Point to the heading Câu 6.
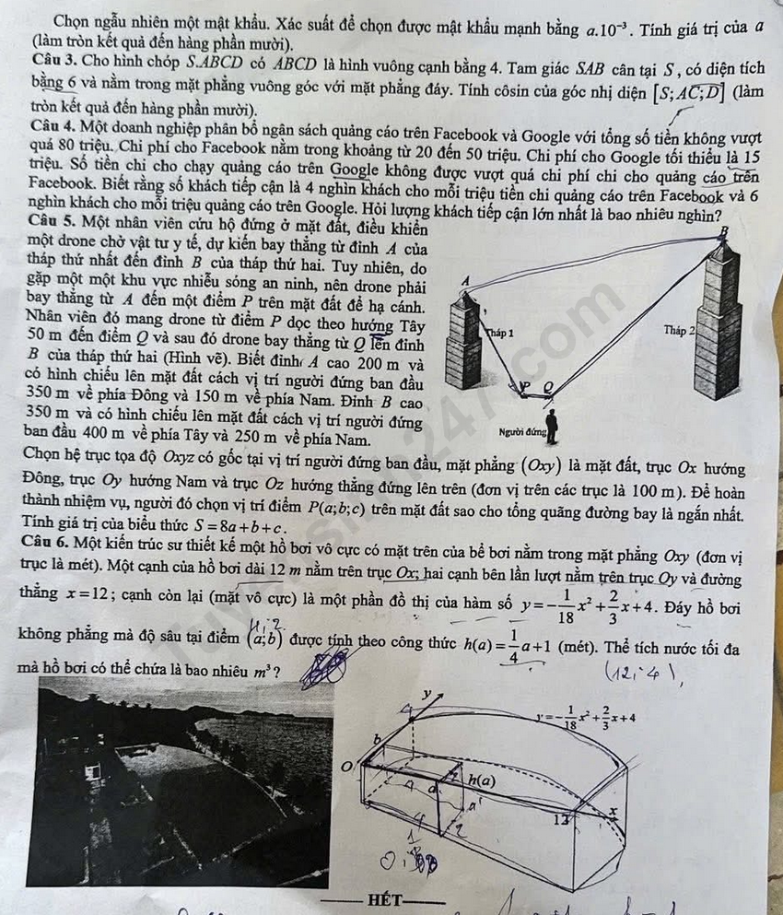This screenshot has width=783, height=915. coord(45,542)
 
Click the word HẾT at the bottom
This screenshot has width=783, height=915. coord(385,899)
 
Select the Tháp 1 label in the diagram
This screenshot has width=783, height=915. coord(500,334)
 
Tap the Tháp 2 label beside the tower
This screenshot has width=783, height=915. coord(679,330)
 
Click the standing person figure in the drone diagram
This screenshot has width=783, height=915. coord(551,427)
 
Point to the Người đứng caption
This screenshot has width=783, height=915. coord(521,432)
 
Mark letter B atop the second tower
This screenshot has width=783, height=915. coord(724,231)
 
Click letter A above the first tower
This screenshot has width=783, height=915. coord(465,281)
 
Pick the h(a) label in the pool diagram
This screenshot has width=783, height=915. coord(482,780)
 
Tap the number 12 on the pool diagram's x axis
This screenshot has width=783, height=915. coord(561,819)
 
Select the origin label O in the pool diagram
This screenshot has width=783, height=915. coord(347,767)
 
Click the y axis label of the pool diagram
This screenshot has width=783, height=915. coord(427,693)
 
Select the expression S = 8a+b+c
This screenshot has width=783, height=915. coord(240,527)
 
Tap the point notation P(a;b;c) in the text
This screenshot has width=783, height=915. coord(336,507)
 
